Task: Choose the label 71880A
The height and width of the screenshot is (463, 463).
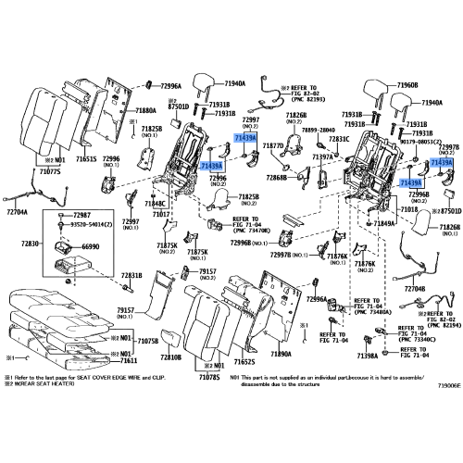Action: click(148, 110)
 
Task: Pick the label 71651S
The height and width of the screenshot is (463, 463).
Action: click(85, 159)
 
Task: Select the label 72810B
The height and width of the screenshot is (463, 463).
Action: click(169, 357)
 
